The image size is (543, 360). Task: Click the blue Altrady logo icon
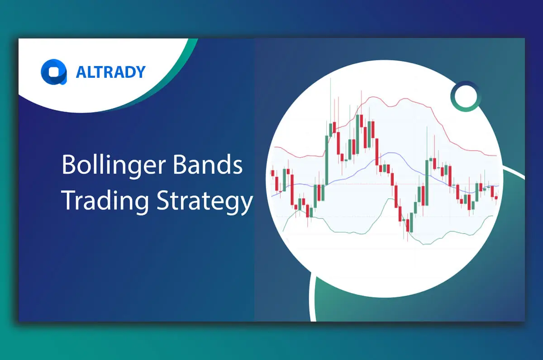[53, 72]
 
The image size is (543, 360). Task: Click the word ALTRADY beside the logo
[110, 72]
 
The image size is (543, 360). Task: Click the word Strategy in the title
[205, 201]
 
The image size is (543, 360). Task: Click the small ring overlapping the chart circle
[465, 96]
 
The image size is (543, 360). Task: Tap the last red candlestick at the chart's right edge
[496, 197]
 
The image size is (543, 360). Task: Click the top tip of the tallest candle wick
[331, 79]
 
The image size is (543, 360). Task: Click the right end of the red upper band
[496, 156]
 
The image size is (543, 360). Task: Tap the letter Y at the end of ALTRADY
[140, 72]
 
